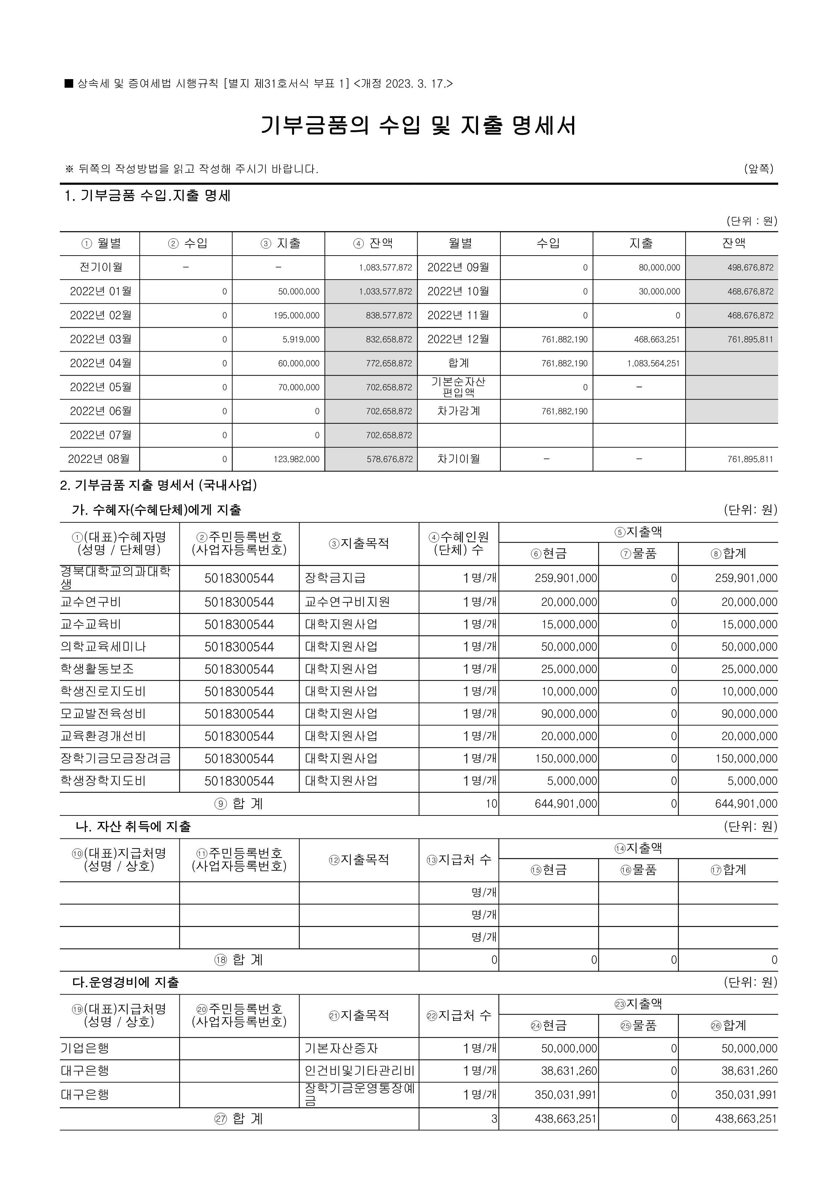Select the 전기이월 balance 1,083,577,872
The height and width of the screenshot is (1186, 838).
coord(385,267)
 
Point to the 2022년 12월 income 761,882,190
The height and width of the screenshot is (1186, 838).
coord(564,339)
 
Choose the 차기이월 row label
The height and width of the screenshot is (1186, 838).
coord(459,459)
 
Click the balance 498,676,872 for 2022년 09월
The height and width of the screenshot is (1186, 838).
coord(750,267)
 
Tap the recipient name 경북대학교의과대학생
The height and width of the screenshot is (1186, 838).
coord(115,577)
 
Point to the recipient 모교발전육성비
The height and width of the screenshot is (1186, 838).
coord(103,714)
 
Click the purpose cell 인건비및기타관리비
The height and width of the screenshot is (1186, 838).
coord(360,1071)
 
